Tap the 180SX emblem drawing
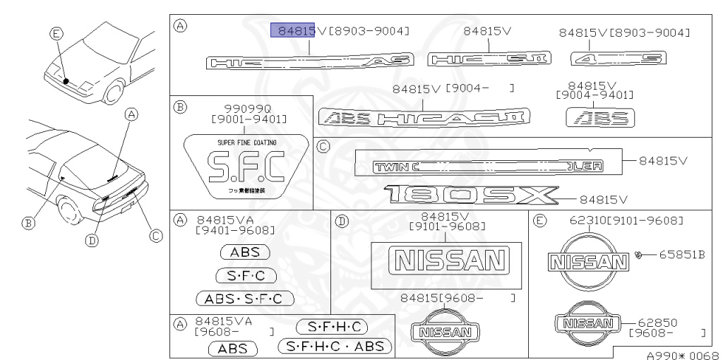tap(471, 195)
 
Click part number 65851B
tap(683, 254)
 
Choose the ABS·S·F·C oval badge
tap(244, 299)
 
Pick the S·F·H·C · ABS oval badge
tap(335, 346)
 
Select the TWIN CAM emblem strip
tap(487, 167)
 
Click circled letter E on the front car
tap(56, 32)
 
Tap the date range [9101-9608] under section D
tap(447, 226)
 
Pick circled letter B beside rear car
tap(28, 223)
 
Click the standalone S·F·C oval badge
tap(245, 276)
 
